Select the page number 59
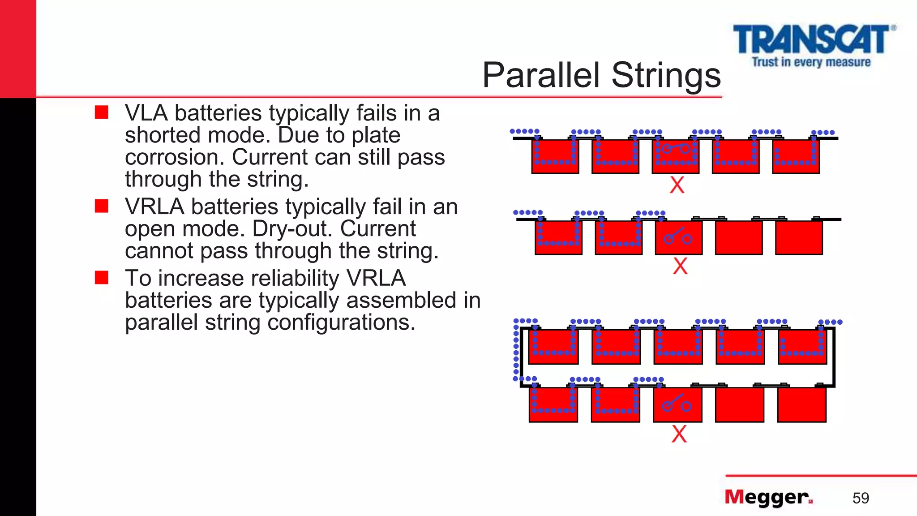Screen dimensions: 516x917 pyautogui.click(x=860, y=498)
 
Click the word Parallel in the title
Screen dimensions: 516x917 pyautogui.click(x=540, y=75)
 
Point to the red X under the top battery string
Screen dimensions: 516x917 pyautogui.click(x=677, y=185)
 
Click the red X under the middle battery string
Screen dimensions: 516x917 pyautogui.click(x=680, y=266)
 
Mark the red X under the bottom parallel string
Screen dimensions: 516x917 pyautogui.click(x=679, y=434)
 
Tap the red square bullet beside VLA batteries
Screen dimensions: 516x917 pyautogui.click(x=102, y=112)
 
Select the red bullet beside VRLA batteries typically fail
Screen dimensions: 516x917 pyautogui.click(x=102, y=206)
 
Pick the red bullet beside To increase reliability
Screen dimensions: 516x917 pyautogui.click(x=102, y=278)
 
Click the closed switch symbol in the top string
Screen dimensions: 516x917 pyautogui.click(x=676, y=148)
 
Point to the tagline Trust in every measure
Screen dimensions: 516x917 pyautogui.click(x=811, y=62)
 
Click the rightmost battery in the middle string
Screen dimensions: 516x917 pyautogui.click(x=799, y=237)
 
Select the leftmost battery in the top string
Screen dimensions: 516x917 pyautogui.click(x=555, y=156)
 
